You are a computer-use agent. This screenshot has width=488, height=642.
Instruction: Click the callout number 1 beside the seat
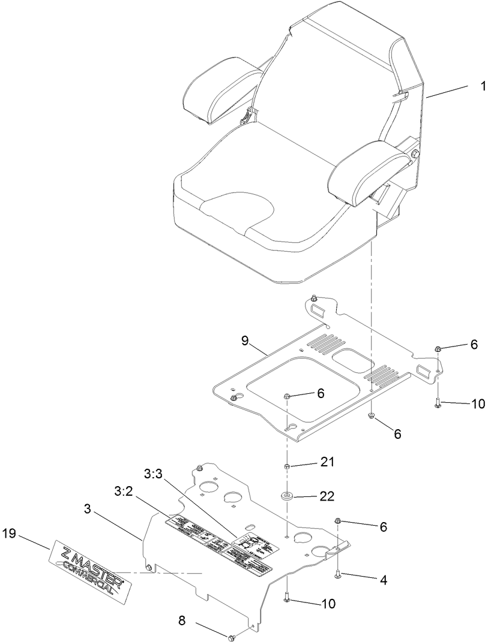tap(482, 86)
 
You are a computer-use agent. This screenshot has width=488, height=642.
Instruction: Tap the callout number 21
tap(327, 463)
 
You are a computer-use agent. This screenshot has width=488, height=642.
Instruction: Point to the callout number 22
tap(327, 496)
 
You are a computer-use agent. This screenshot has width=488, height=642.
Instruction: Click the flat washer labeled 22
tap(287, 496)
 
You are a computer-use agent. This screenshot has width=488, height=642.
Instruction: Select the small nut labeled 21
tap(287, 466)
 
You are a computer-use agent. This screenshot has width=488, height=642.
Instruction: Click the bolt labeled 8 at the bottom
tap(232, 636)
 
